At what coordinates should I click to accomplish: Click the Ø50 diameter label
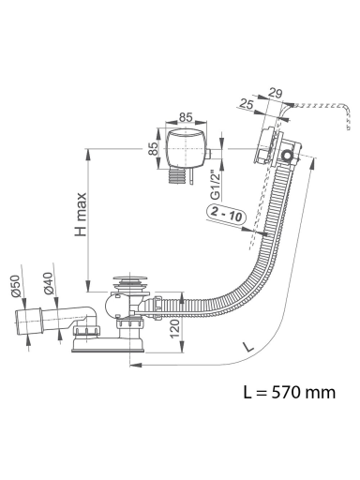16,286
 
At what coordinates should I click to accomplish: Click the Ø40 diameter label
49,283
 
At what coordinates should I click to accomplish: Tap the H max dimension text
81,215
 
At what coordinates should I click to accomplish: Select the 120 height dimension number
175,328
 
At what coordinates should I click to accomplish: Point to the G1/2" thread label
216,185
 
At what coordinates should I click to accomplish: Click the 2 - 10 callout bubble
227,215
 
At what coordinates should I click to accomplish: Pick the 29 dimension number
275,93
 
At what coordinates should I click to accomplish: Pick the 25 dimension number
247,104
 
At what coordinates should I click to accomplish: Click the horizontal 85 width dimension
186,117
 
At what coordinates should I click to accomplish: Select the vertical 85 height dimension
153,149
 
